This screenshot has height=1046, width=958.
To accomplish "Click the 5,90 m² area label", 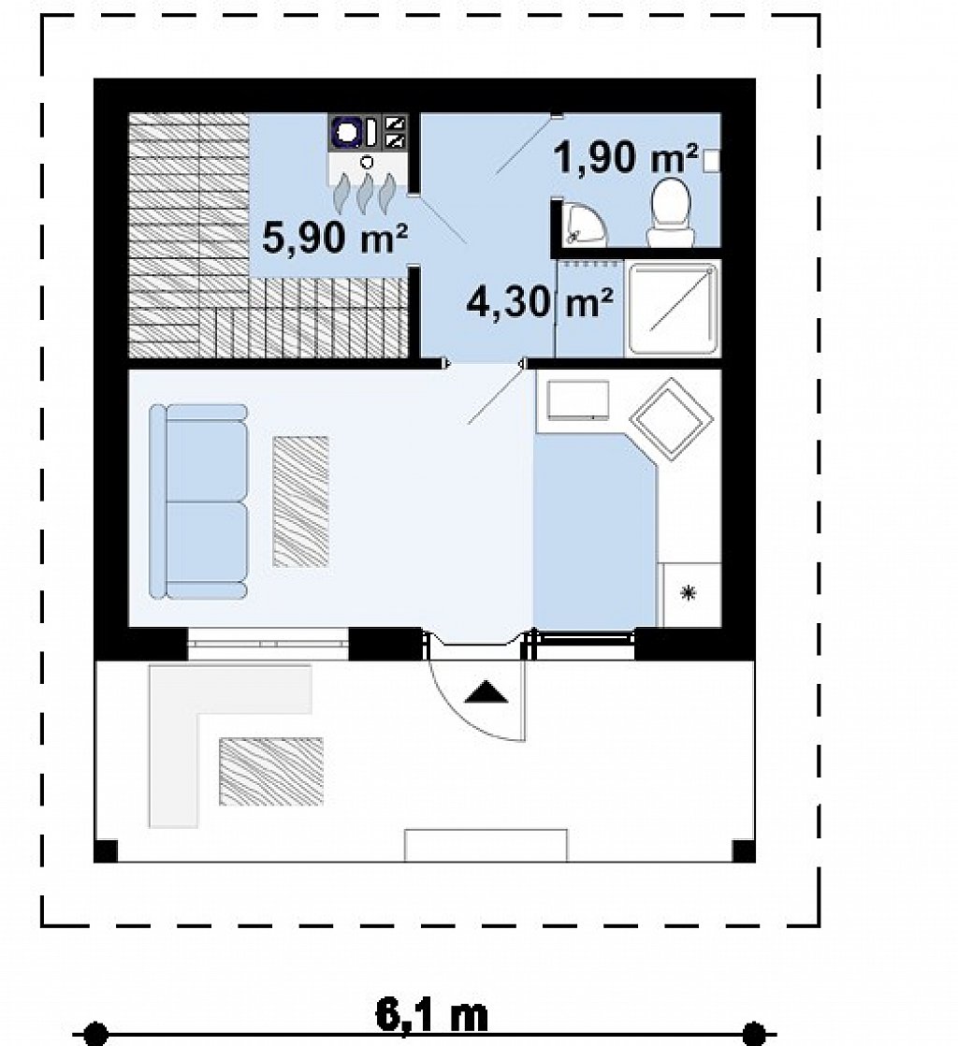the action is [335, 238].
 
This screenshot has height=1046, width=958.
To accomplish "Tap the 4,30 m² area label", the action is [540, 302].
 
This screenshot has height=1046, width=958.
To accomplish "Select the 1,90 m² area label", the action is [626, 158].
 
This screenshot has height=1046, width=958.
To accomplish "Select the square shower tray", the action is [674, 308].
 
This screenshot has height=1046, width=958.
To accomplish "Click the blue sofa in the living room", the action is [198, 501].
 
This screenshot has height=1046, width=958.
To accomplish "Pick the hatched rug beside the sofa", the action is [301, 501].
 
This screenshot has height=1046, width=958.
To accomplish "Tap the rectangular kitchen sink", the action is [578, 400].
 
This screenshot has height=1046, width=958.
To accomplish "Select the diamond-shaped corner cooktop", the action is [671, 419].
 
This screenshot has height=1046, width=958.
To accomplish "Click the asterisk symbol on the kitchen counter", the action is [688, 591].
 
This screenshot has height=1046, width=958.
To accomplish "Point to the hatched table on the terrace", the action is [271, 771].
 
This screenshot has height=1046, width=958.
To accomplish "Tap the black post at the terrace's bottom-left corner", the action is [106, 850].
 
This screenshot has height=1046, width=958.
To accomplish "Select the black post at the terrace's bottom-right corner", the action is [744, 850].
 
